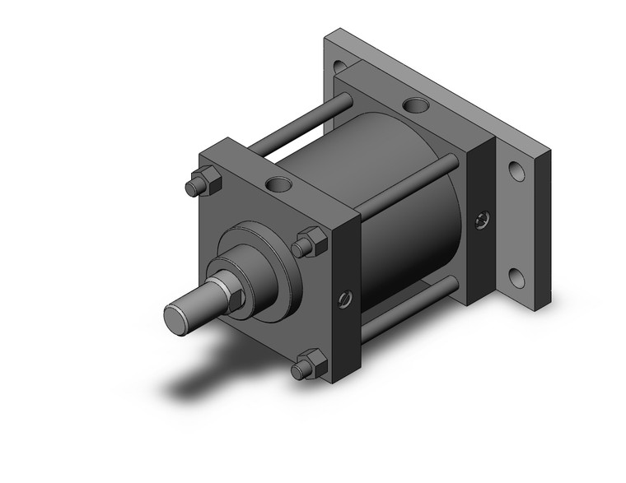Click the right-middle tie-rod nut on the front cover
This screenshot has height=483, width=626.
311,242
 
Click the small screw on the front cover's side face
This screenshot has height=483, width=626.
343,298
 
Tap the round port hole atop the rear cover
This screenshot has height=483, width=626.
417,107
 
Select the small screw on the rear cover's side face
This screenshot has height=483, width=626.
482,219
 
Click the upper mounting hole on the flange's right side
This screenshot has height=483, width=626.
516,172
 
